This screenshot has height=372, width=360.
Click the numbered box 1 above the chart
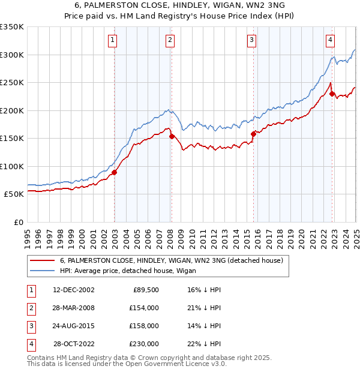tap(113, 40)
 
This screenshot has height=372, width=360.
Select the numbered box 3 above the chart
tap(251, 40)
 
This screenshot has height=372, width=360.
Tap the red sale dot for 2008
tap(172, 136)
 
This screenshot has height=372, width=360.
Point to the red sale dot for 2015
tap(253, 134)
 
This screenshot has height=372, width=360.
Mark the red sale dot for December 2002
tap(114, 172)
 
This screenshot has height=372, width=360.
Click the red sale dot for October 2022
tap(332, 94)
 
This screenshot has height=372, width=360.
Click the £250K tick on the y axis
tap(12, 83)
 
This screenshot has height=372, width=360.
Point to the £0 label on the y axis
tap(18, 222)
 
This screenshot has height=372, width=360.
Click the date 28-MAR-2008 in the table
tap(74, 308)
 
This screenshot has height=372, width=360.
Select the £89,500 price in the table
tap(144, 289)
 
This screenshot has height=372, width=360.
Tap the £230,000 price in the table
tap(144, 344)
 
